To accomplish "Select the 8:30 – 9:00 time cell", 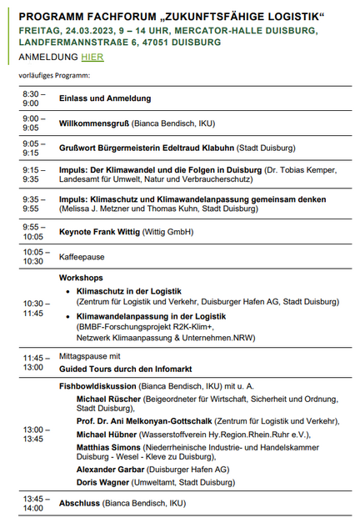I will [x=35, y=98].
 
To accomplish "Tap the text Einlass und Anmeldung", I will [x=105, y=98].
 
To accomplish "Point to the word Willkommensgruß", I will [x=92, y=123].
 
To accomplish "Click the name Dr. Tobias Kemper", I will [x=299, y=169].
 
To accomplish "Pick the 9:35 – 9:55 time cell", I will [x=35, y=204].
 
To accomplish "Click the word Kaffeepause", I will [x=82, y=257].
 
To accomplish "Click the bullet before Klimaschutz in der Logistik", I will [x=67, y=292].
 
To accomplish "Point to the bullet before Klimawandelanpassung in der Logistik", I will [x=67, y=317].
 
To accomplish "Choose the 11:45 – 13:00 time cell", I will [x=35, y=360].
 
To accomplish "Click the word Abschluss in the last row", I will [x=81, y=504].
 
